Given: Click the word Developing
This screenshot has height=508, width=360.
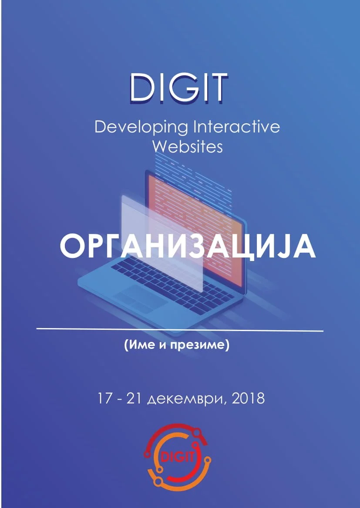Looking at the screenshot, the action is pyautogui.click(x=141, y=128).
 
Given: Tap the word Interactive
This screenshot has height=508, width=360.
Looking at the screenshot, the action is pyautogui.click(x=236, y=127).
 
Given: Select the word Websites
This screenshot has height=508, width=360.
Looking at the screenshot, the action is pyautogui.click(x=188, y=147).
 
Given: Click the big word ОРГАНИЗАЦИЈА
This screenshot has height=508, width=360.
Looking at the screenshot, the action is pyautogui.click(x=188, y=247).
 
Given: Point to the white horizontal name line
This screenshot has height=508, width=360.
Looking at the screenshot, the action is pyautogui.click(x=180, y=329).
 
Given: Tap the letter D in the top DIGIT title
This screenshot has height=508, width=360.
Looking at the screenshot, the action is pyautogui.click(x=141, y=88).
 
